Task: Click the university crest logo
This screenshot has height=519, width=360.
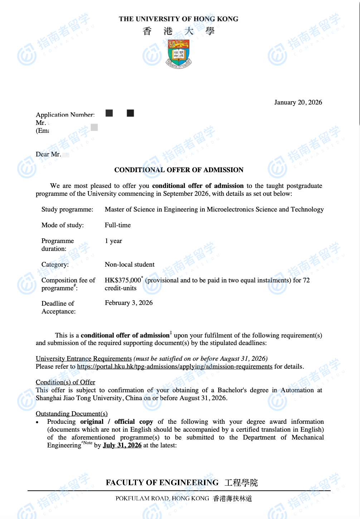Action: click(x=179, y=54)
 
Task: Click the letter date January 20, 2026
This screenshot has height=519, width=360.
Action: click(x=298, y=102)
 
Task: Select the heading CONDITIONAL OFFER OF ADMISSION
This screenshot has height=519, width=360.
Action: click(x=179, y=170)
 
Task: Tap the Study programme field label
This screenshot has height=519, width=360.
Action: click(x=67, y=209)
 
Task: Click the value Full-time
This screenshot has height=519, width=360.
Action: click(x=118, y=225)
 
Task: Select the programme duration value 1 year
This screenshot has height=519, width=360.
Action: click(x=113, y=241)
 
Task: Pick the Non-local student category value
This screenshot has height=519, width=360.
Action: click(x=130, y=265)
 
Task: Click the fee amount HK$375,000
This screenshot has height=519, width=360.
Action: click(x=123, y=280)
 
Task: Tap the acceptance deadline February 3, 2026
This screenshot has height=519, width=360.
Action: click(x=129, y=303)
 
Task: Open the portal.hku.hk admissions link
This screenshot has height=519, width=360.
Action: click(x=175, y=367)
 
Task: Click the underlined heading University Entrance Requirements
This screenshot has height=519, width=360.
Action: click(x=84, y=359)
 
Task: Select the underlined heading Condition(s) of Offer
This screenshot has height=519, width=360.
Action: click(x=65, y=382)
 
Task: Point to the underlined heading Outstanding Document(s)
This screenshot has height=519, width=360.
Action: click(x=72, y=414)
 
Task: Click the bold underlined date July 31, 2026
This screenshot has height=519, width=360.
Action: click(x=122, y=445)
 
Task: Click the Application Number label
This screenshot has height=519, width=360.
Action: click(x=65, y=115)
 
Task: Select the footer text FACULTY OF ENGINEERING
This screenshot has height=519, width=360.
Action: click(x=162, y=482)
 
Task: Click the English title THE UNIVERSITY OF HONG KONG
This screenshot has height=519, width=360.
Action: click(x=179, y=19)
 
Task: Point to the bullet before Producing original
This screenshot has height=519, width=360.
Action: click(x=37, y=423)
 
